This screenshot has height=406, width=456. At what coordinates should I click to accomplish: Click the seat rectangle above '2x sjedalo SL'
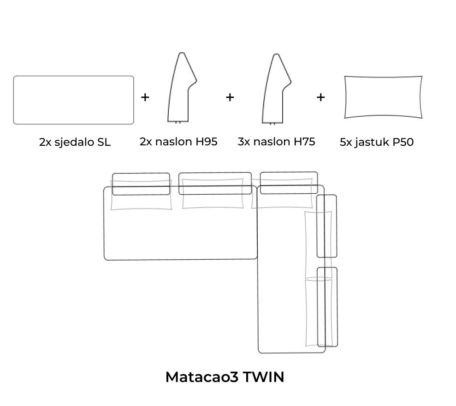[x=74, y=76]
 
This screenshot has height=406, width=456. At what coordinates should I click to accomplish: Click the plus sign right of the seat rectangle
[x=145, y=97]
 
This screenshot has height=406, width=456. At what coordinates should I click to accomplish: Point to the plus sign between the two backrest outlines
[x=230, y=97]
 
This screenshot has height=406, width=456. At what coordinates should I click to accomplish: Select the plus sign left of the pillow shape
[x=320, y=97]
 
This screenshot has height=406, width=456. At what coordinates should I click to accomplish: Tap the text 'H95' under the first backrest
[x=206, y=142]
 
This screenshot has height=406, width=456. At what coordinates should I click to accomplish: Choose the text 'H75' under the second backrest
[x=304, y=142]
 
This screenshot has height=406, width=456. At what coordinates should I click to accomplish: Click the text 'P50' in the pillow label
[x=403, y=142]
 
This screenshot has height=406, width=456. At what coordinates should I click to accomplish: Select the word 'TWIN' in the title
[x=263, y=377]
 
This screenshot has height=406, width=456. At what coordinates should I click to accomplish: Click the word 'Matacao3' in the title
[x=202, y=377]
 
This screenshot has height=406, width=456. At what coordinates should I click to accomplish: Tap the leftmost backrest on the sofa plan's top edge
[x=141, y=173]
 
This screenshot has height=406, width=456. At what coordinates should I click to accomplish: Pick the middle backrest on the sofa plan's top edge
[x=215, y=173]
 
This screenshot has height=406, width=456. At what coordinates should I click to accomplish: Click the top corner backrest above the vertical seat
[x=289, y=172]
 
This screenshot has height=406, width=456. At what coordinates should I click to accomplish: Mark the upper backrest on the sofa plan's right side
[x=336, y=226]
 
